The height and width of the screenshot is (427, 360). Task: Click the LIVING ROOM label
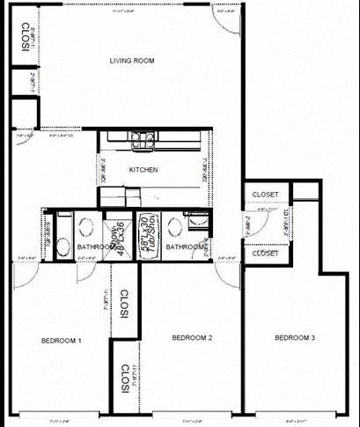[x=132, y=61]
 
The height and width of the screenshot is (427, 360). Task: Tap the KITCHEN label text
[x=143, y=170]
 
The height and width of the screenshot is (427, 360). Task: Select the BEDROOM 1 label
[x=61, y=340]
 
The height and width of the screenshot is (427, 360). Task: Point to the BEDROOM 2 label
[x=193, y=337]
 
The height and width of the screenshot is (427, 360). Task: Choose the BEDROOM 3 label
[x=295, y=337]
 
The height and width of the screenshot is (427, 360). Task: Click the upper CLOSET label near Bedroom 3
[x=265, y=195]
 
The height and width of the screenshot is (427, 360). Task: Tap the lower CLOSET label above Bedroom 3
[x=265, y=253]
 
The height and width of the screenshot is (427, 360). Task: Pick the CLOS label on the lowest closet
[x=126, y=379]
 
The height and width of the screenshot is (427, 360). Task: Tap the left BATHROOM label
[x=96, y=247]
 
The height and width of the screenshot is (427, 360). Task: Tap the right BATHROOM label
[x=185, y=247]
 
